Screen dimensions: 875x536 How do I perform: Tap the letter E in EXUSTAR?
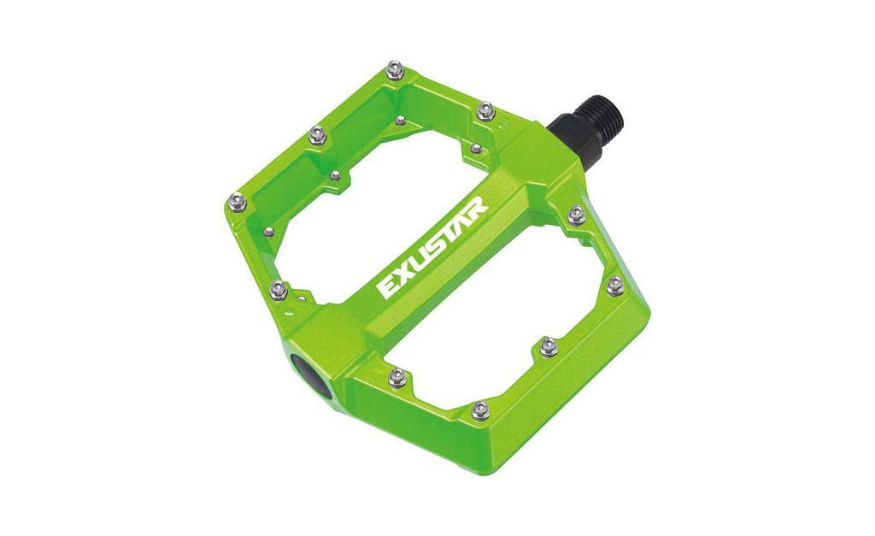388,287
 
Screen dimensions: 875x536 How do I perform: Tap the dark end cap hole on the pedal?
313,376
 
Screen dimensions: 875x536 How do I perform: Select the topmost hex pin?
395,70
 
